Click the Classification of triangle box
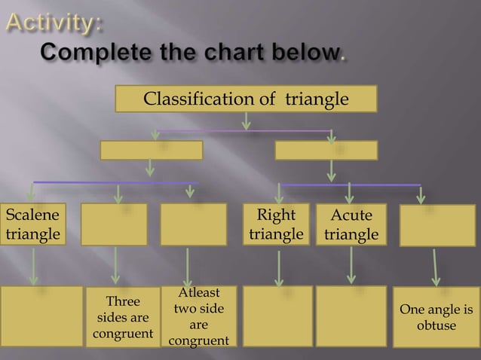246,99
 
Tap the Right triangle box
276,224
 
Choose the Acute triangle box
351,224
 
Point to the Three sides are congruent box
122,317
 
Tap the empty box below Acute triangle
351,316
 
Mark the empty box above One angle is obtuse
437,225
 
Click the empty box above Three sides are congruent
114,224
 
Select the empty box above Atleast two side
193,224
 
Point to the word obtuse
437,325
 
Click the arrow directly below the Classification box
246,121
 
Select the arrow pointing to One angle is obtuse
436,267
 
